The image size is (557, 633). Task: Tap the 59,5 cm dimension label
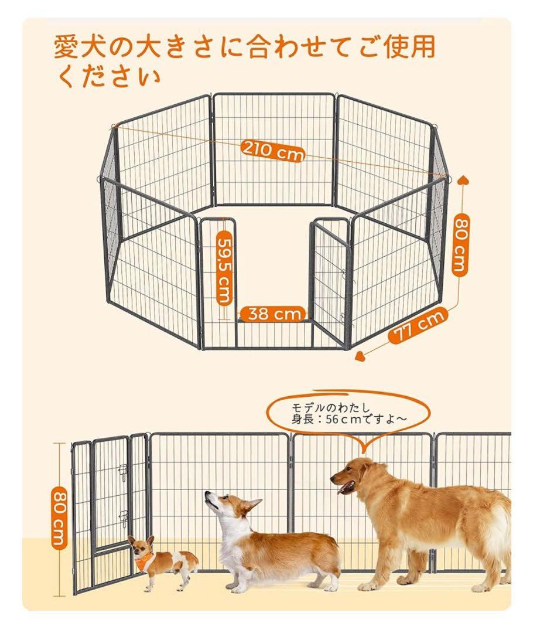coord(225,268)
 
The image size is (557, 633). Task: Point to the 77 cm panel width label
coord(418,326)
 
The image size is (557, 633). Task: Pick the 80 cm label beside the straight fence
coord(59,516)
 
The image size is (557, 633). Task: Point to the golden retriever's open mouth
coord(347,486)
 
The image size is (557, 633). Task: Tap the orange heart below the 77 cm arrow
coord(361,355)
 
